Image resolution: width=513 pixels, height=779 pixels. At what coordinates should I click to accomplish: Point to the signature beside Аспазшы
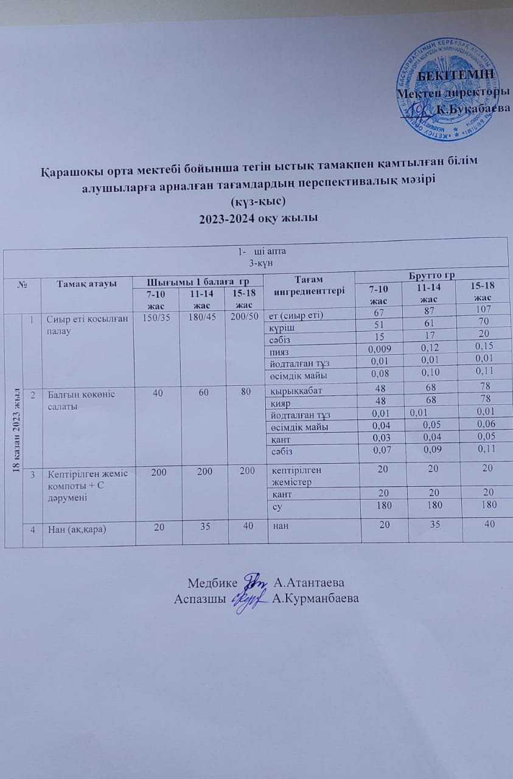[x=251, y=596]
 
